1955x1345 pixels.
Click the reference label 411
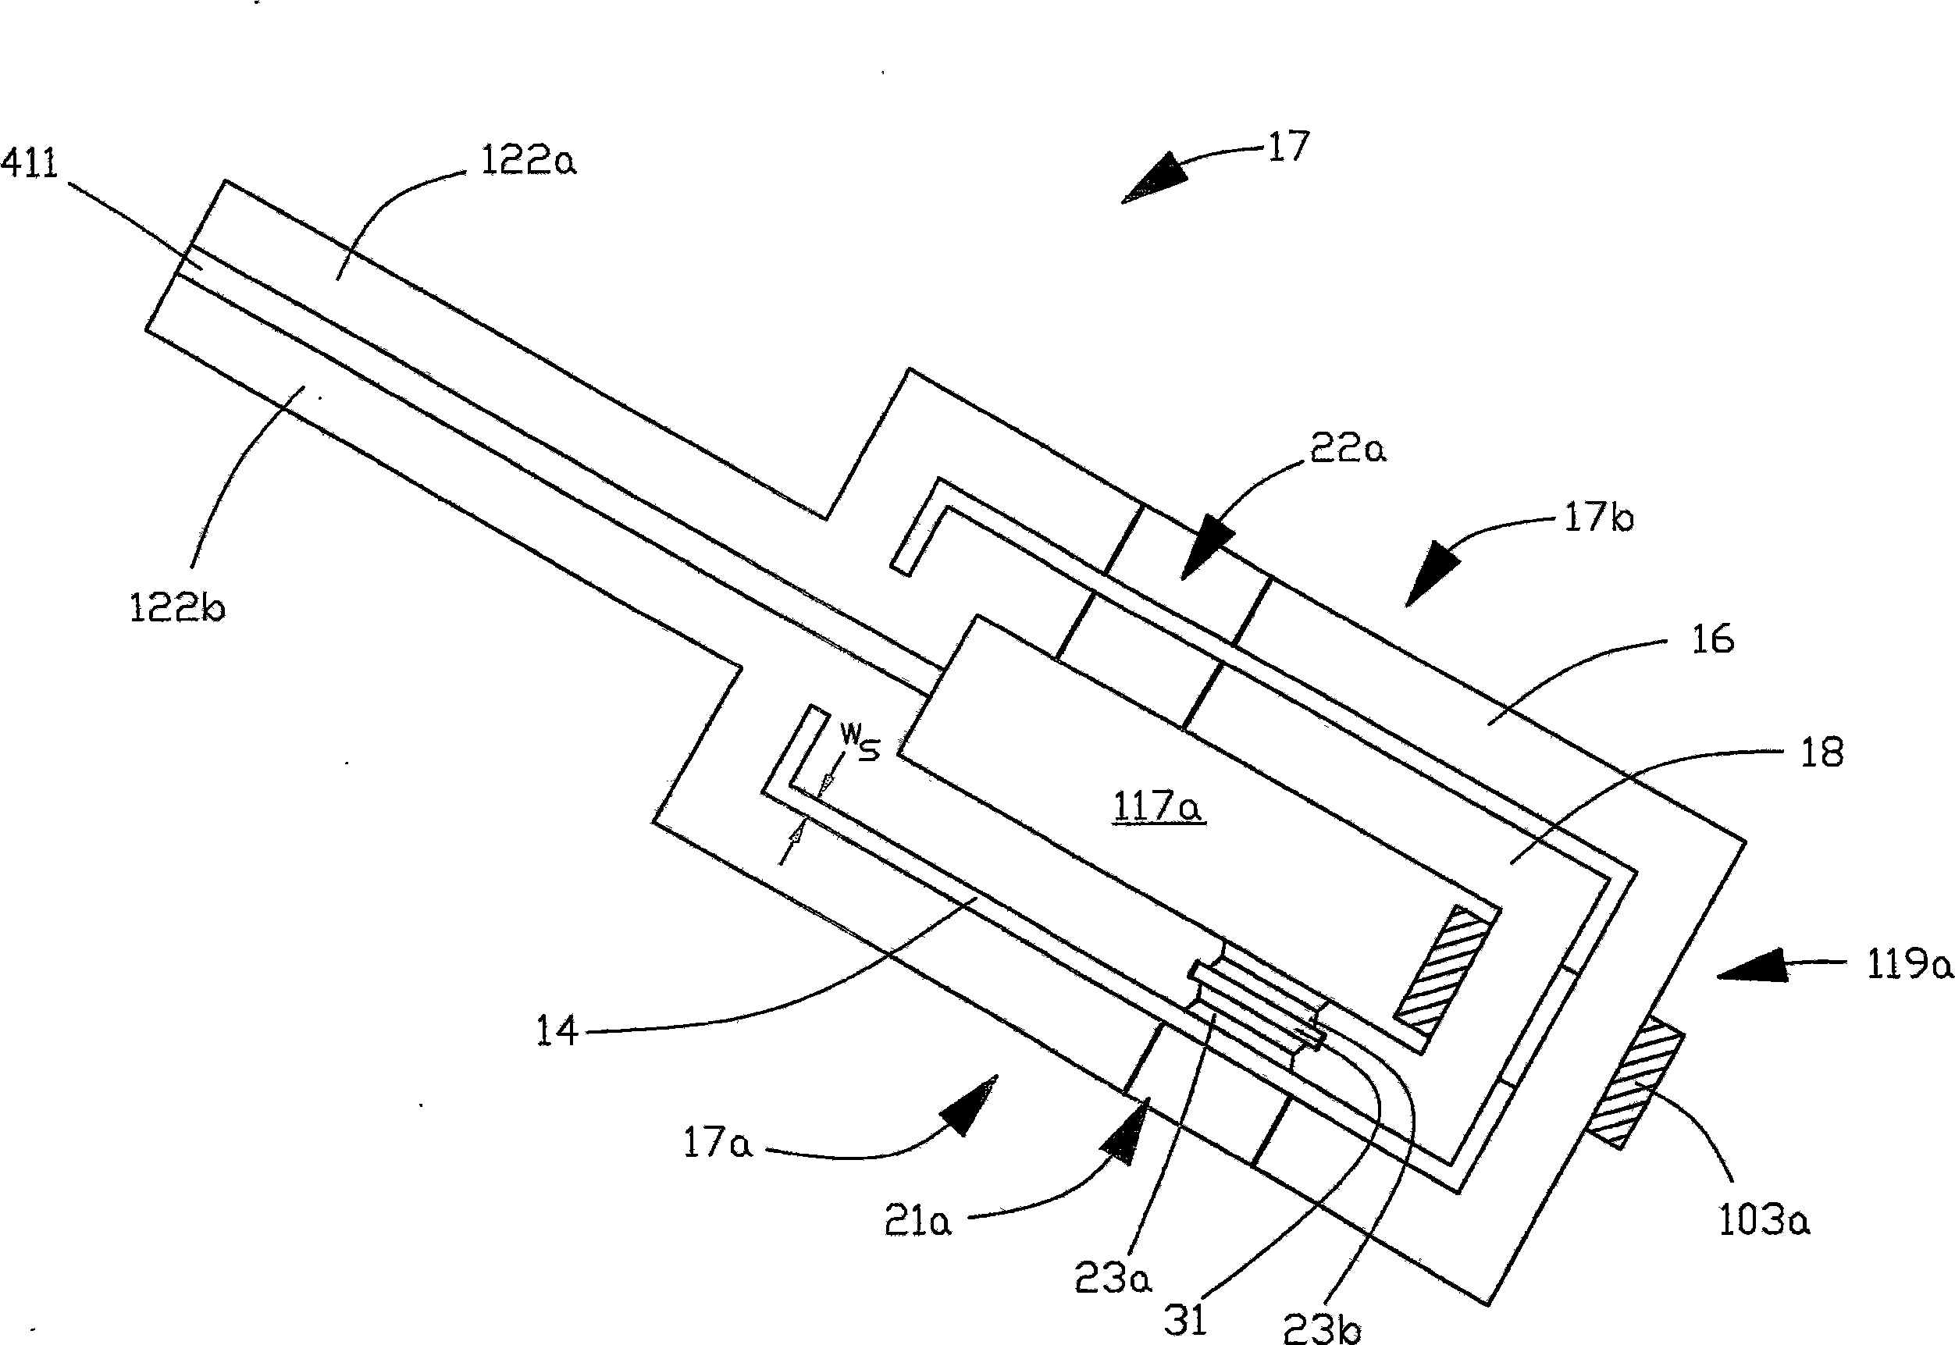[30, 162]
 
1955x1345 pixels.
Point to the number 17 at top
[1288, 147]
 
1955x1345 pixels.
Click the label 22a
[1348, 449]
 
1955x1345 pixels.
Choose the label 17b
[1598, 517]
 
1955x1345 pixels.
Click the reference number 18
[1821, 752]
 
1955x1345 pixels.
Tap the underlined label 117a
[1159, 808]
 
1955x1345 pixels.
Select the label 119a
[1910, 965]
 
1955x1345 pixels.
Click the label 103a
[1764, 1219]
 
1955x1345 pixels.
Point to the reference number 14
[557, 1030]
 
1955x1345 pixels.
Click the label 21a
[917, 1220]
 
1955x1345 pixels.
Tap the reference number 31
[1186, 1320]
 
